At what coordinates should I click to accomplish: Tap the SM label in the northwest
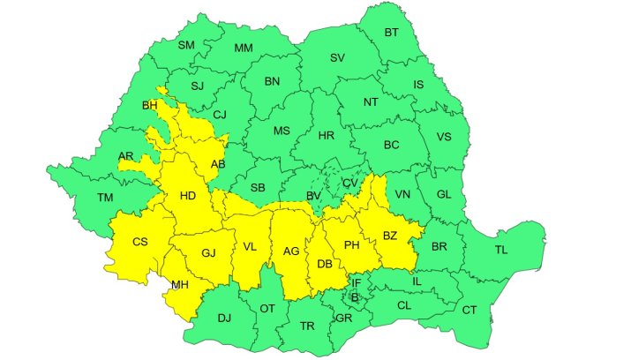point(186,45)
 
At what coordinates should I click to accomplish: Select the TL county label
point(501,251)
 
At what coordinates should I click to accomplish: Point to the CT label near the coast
point(469,310)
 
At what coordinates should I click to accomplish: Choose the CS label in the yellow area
point(139,242)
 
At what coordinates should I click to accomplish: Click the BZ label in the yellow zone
point(390,236)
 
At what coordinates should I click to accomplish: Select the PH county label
point(351,244)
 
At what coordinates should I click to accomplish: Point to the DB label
point(325,264)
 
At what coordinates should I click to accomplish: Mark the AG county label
point(290,251)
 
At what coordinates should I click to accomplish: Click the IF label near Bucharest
point(357,282)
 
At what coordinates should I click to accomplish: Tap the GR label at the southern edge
point(343,318)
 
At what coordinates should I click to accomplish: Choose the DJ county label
point(224,318)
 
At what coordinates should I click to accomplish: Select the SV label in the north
point(337,58)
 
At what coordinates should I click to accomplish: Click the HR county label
point(326,136)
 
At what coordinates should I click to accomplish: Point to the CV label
point(350,183)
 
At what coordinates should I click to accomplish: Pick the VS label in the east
point(444,137)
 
